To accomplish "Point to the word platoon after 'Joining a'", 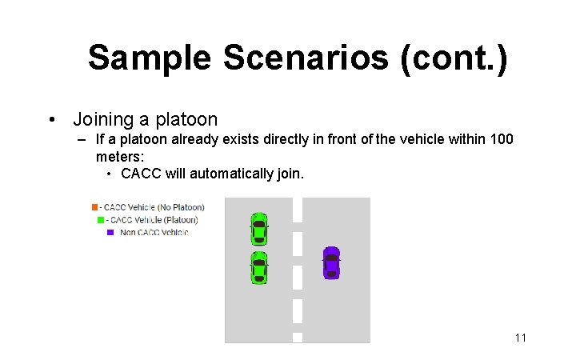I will coord(186,119).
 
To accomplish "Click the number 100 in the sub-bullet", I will coord(500,139).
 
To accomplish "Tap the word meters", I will coord(120,156).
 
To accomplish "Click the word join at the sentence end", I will coord(290,174).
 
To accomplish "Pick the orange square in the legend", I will coord(95,208).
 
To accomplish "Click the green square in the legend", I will coord(101,220).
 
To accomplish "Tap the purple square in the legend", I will coord(110,233).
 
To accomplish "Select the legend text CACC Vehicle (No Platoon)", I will coord(154,208).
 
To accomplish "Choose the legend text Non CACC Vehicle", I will coord(154,233).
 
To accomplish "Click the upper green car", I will coord(258,228).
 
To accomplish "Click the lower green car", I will coord(258,268).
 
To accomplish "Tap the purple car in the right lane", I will coord(331,262).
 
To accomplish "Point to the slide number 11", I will coord(520,338).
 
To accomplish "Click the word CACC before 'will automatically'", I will coord(141,174).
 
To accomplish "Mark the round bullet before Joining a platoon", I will coord(52,120).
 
